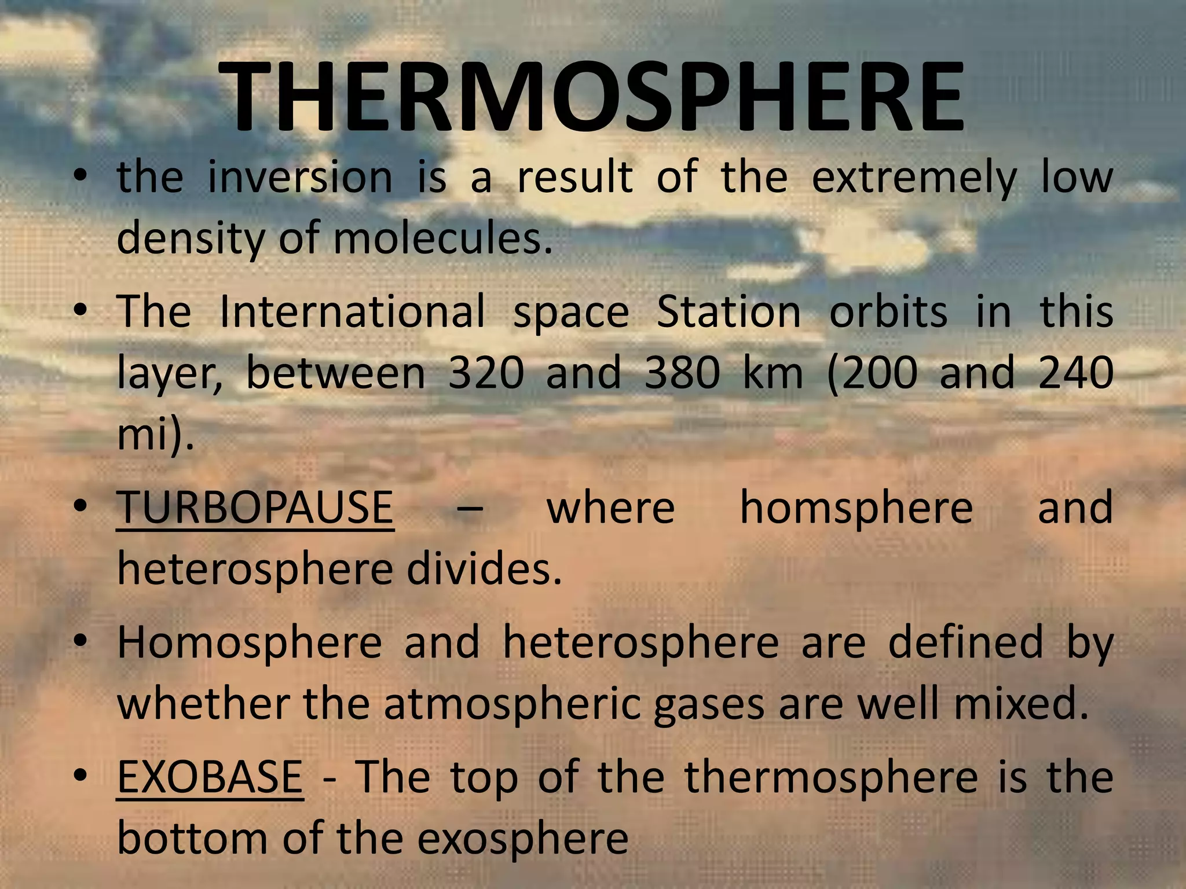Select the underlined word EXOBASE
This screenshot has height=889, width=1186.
[x=210, y=777]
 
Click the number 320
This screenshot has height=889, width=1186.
[x=486, y=373]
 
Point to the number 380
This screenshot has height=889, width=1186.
[x=682, y=373]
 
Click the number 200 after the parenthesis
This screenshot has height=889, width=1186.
[x=880, y=373]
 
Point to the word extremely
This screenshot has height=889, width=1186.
[x=914, y=178]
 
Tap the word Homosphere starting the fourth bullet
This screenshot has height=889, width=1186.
[x=249, y=642]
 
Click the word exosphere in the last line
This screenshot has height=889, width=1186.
[x=522, y=839]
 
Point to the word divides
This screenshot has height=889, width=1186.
[x=484, y=570]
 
